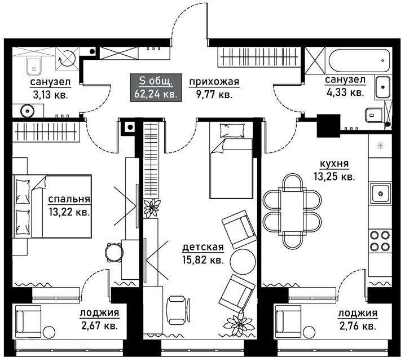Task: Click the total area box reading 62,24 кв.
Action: [156, 87]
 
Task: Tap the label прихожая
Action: [214, 82]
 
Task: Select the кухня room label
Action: [334, 164]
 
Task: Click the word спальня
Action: [69, 199]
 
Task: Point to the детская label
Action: [203, 247]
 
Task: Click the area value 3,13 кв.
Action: [50, 95]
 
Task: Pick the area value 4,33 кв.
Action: [345, 92]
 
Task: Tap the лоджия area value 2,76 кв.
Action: [358, 326]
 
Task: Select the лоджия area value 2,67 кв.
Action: [100, 325]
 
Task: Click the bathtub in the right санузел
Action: [359, 60]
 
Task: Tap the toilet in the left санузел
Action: [34, 65]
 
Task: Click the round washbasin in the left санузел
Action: [27, 111]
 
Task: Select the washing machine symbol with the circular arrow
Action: [67, 58]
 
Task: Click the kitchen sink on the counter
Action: [380, 193]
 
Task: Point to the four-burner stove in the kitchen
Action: [380, 241]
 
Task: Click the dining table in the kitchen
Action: [292, 212]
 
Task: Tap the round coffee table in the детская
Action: [243, 261]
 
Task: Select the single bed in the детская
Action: [231, 160]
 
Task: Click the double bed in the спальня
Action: [52, 206]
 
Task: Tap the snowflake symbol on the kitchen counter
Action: [380, 146]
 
